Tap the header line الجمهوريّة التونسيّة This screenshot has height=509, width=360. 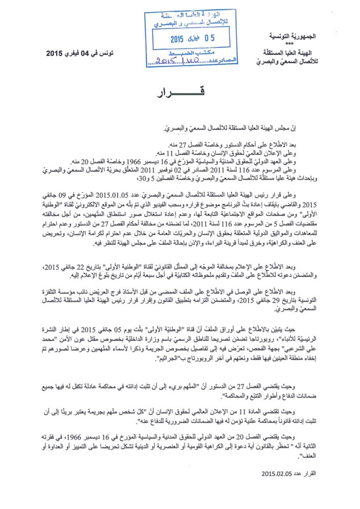click(307, 37)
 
